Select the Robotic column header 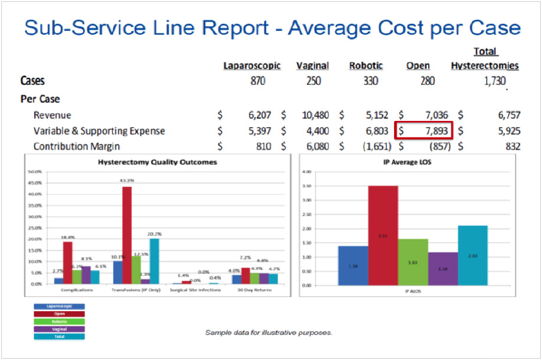pyautogui.click(x=366, y=66)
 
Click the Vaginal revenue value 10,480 pyautogui.click(x=315, y=116)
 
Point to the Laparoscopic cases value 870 pyautogui.click(x=257, y=82)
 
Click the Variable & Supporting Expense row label pyautogui.click(x=99, y=131)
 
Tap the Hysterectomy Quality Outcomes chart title pyautogui.click(x=157, y=163)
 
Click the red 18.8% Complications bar pyautogui.click(x=68, y=262)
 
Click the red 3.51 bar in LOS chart pyautogui.click(x=383, y=235)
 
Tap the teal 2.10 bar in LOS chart pyautogui.click(x=473, y=255)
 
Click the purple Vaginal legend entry pyautogui.click(x=59, y=328)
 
